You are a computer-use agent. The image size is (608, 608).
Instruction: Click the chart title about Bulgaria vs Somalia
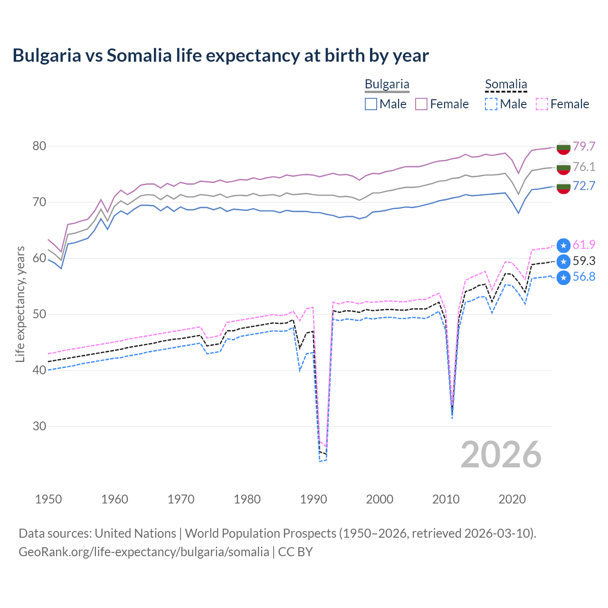pos(220,56)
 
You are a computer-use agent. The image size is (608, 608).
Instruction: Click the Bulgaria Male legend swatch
pos(371,104)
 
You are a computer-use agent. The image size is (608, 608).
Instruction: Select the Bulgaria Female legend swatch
pos(421,104)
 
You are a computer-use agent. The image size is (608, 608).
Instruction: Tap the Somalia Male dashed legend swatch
pos(491,104)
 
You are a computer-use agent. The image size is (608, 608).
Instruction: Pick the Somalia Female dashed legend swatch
pos(542,104)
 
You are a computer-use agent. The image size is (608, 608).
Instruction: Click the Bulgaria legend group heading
pos(387,85)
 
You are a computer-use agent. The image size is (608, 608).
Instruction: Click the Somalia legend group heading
pos(506,85)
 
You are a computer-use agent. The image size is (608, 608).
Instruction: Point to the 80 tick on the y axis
pos(39,146)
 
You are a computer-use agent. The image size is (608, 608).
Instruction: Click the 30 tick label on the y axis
pos(39,426)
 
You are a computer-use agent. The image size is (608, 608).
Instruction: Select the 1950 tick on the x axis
pos(48,499)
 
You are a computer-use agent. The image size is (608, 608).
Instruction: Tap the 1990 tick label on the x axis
pos(313,499)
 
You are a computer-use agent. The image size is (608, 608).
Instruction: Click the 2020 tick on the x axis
pos(512,499)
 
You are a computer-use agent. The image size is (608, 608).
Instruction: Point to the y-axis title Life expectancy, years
pos(20,304)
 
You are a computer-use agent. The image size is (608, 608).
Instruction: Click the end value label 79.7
pos(584,146)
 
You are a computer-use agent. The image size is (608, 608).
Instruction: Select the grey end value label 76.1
pos(584,167)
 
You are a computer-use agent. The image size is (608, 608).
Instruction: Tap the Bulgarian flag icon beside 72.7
pos(563,187)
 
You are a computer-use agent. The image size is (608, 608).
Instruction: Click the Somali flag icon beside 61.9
pos(563,246)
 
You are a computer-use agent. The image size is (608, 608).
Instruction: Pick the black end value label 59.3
pos(584,261)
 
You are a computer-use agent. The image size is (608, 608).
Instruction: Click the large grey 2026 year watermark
pos(501,455)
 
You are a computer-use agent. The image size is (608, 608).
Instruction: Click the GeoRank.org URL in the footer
pos(143,552)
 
